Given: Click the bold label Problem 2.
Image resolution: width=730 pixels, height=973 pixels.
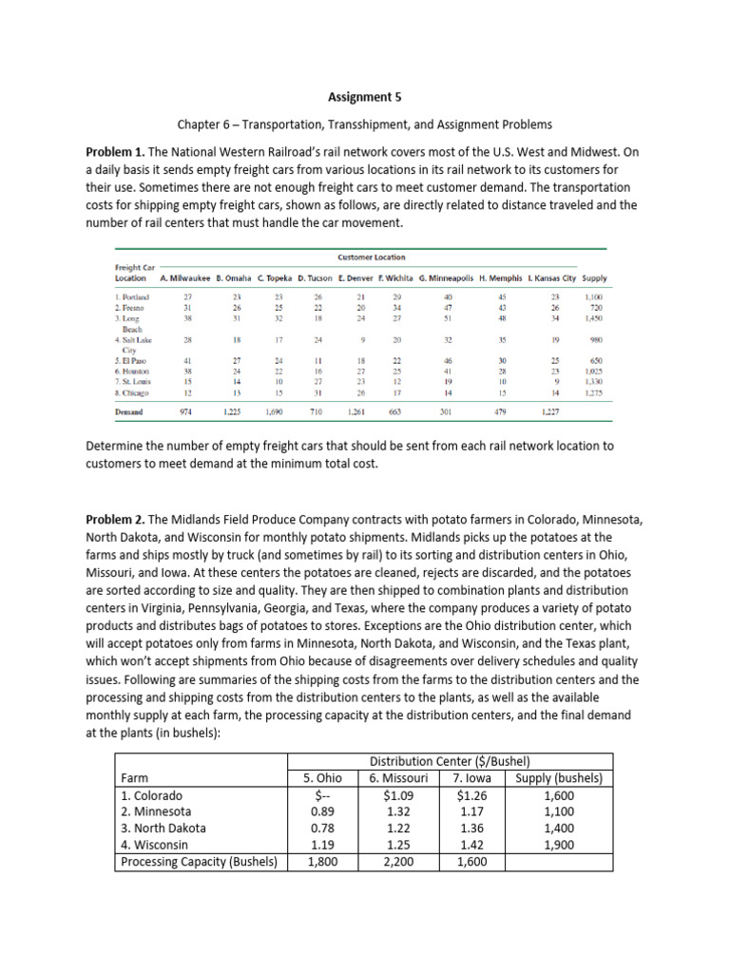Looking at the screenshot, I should pyautogui.click(x=117, y=519).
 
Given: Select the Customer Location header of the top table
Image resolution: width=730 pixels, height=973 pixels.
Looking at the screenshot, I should pyautogui.click(x=371, y=257).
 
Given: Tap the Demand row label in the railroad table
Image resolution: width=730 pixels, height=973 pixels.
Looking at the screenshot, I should pyautogui.click(x=129, y=412).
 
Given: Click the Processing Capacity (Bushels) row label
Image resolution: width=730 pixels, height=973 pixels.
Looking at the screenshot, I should pyautogui.click(x=199, y=862).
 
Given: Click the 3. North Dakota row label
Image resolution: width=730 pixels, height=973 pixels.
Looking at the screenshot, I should pyautogui.click(x=165, y=828).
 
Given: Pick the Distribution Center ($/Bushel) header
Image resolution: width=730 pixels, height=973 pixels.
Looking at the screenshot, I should pyautogui.click(x=450, y=761).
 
